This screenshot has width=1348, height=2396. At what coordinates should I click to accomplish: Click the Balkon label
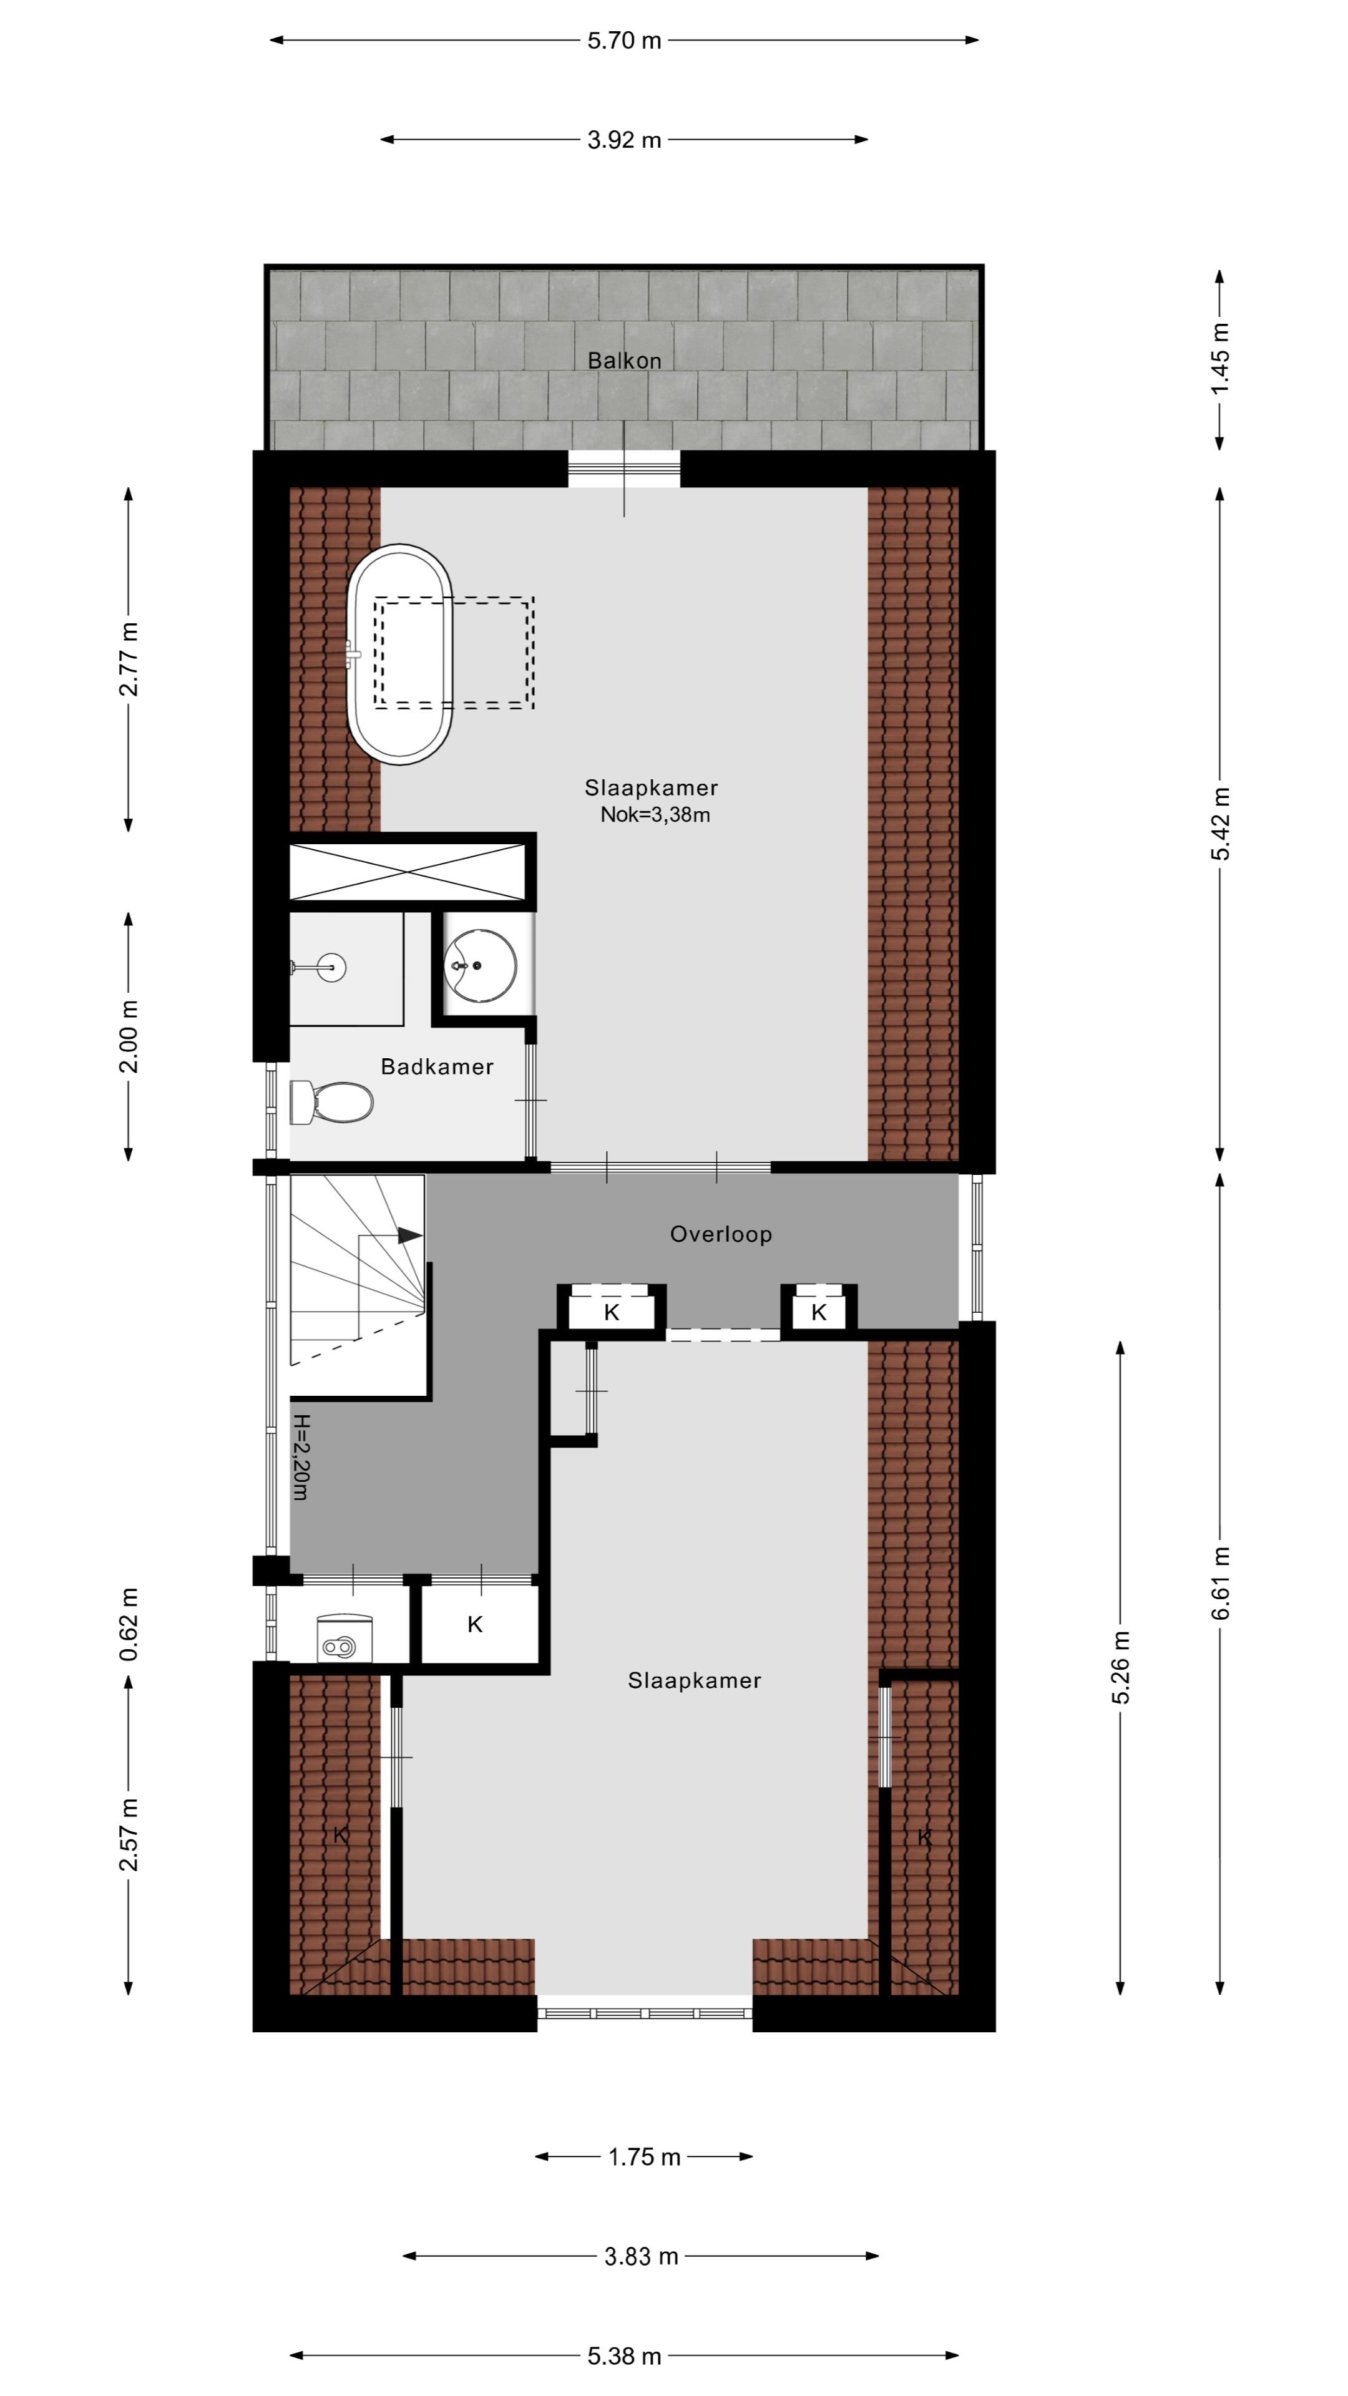point(624,361)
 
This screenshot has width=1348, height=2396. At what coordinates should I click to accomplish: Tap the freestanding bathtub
point(400,654)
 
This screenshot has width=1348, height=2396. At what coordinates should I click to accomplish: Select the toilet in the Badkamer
point(331,1103)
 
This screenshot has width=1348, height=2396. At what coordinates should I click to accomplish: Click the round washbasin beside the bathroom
point(480,965)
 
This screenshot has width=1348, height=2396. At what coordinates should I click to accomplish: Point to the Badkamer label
point(437,1067)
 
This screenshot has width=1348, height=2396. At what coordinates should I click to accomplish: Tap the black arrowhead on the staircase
point(410,1235)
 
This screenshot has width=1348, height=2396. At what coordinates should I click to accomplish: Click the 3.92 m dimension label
point(624,140)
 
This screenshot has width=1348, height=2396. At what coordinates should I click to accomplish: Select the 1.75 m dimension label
point(645,2157)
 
